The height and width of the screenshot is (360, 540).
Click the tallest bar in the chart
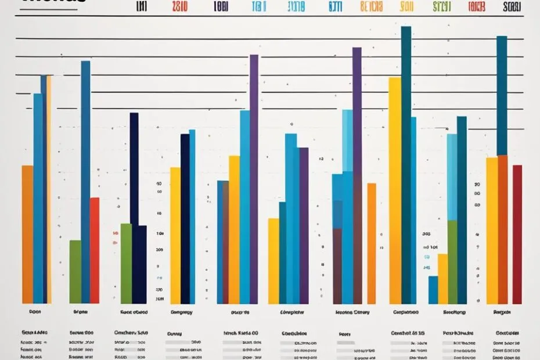(406, 163)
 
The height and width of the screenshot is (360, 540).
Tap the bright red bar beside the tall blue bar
(95, 250)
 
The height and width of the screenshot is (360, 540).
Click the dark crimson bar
(517, 232)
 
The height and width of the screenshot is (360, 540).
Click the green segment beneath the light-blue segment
(452, 261)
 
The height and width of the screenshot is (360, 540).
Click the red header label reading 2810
(180, 8)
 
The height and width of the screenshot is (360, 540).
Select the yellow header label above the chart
(406, 8)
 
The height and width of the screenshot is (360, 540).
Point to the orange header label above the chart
(371, 8)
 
